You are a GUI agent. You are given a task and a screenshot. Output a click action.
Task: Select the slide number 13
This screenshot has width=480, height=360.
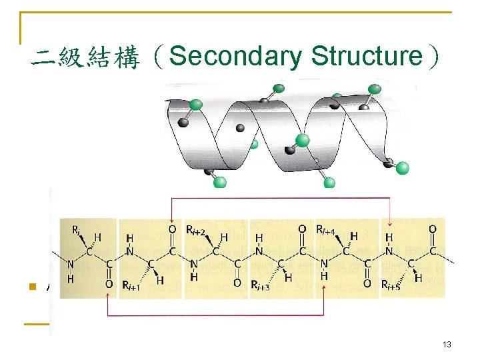click(447, 344)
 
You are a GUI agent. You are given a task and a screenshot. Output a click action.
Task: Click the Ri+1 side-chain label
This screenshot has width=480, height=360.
click(132, 286)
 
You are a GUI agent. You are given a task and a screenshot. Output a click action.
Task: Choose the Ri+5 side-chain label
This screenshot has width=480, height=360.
click(389, 286)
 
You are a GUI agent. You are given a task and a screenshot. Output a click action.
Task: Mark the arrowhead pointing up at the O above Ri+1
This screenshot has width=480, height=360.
click(109, 295)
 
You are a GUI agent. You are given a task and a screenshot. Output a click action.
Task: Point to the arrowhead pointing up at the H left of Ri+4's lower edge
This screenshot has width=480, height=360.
click(323, 295)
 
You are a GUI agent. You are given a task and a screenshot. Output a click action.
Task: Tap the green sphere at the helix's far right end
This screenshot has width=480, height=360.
click(402, 168)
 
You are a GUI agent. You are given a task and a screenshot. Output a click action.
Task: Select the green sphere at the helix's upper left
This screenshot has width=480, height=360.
click(196, 104)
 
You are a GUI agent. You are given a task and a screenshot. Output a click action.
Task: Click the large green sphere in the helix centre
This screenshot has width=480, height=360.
click(302, 140)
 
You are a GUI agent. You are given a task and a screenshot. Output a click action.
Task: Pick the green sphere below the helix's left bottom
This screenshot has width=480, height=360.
click(219, 181)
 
